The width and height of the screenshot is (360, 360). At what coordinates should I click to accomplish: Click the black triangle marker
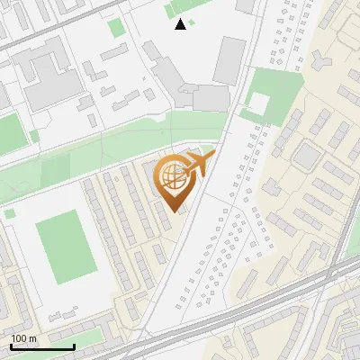point(181,24)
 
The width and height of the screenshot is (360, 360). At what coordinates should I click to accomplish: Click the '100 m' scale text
point(24,338)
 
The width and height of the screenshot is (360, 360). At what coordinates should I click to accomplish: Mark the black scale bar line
point(42,346)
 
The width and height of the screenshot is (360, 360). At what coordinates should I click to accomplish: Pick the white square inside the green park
point(258,104)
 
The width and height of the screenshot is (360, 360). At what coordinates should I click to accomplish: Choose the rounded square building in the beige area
point(307,157)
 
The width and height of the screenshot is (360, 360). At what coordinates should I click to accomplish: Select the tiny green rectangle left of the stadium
point(9,214)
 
